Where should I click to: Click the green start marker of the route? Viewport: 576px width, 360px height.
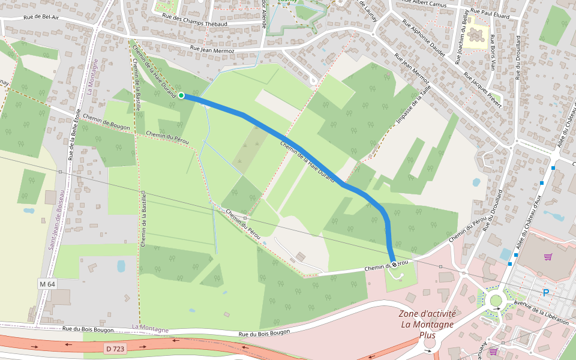click(x=181, y=95)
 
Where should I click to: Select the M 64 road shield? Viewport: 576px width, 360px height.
click(x=47, y=283)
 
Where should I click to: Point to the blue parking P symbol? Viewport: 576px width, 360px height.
click(x=545, y=293)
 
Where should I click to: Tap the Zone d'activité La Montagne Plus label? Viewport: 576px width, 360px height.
click(x=427, y=324)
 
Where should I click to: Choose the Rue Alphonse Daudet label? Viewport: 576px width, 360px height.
click(x=424, y=38)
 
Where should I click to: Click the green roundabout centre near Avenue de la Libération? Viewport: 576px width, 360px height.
click(x=496, y=301)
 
